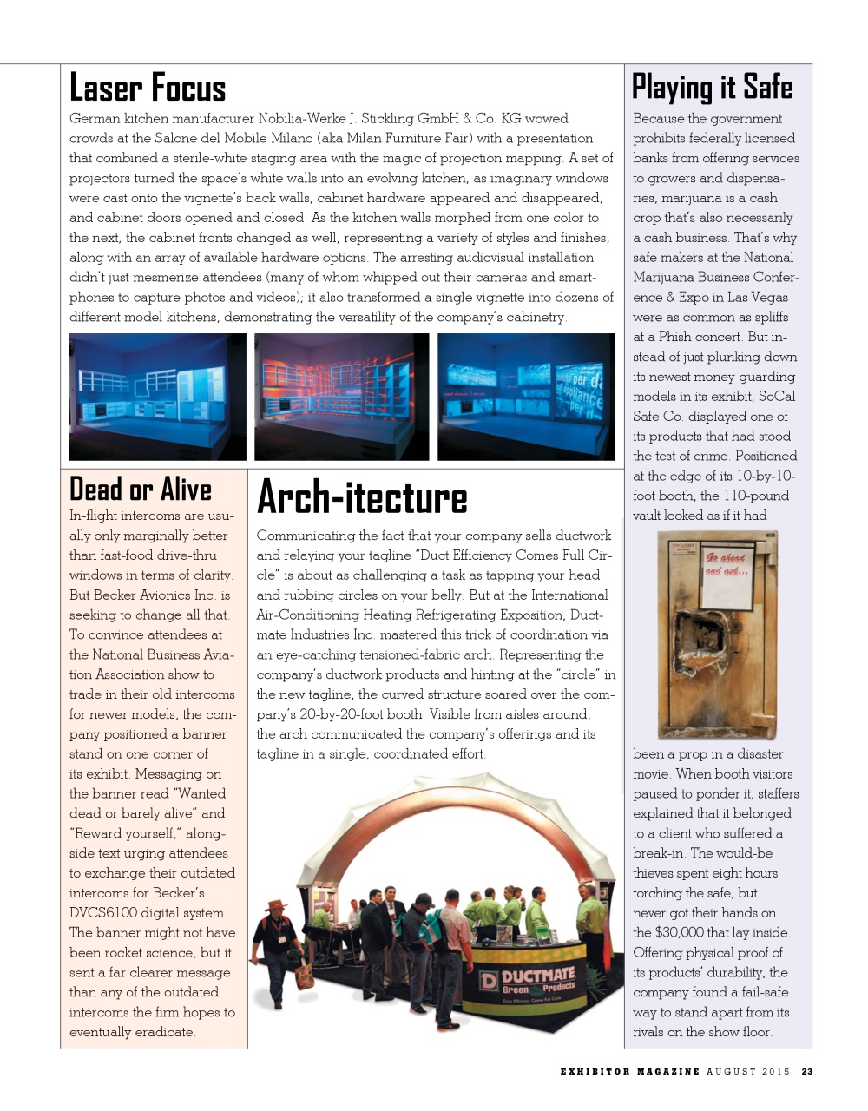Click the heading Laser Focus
(x=148, y=89)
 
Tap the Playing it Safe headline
(x=712, y=88)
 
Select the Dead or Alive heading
(x=141, y=490)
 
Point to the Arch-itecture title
(x=362, y=498)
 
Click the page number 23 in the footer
(x=807, y=1072)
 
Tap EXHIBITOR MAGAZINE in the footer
(x=629, y=1072)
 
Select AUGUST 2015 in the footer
(x=748, y=1072)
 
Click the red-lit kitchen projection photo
(x=341, y=397)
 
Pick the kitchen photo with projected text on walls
(x=526, y=397)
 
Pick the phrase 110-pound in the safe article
(x=753, y=496)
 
